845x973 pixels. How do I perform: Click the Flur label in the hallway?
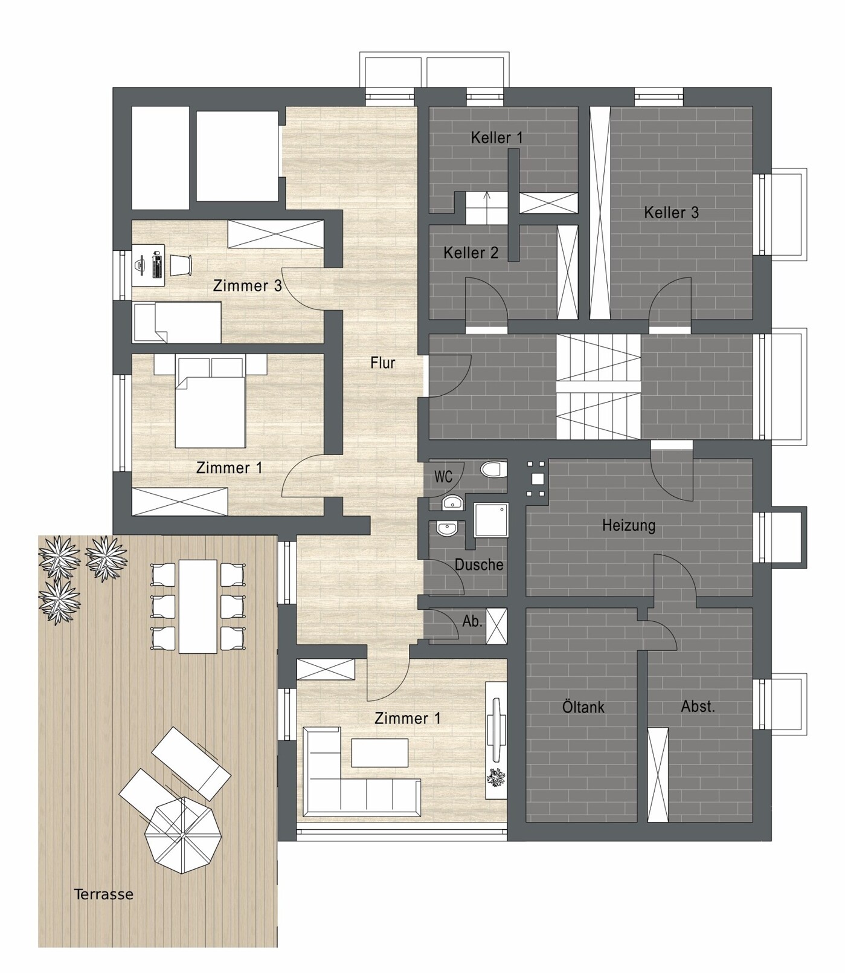click(x=383, y=363)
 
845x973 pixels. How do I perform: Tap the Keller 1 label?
click(x=496, y=138)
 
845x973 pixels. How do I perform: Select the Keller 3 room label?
click(x=671, y=213)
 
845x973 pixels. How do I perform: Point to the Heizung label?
click(x=629, y=525)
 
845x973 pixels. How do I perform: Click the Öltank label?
click(x=583, y=706)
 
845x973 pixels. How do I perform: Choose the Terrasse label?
click(x=103, y=894)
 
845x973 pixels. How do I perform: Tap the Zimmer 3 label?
click(x=248, y=286)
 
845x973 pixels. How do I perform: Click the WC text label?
click(x=443, y=477)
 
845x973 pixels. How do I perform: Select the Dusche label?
click(x=479, y=564)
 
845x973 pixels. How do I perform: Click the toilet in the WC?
click(x=493, y=470)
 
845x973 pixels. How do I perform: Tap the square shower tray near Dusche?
click(x=490, y=520)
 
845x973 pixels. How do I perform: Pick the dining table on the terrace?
click(x=198, y=607)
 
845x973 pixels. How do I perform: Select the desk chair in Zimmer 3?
click(x=181, y=265)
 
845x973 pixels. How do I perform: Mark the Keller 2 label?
click(x=471, y=253)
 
